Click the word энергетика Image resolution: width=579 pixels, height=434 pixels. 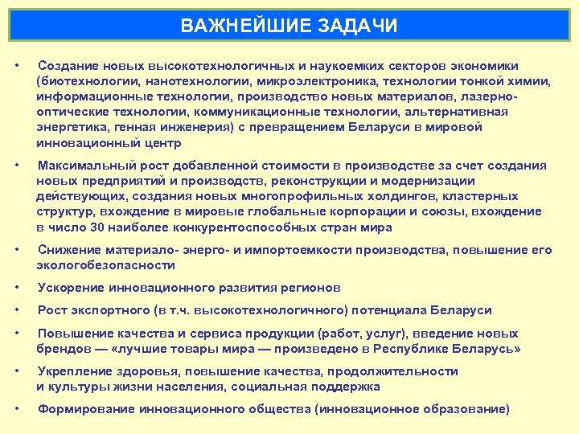click(x=70, y=127)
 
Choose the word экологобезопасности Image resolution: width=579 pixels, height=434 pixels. click(x=105, y=264)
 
